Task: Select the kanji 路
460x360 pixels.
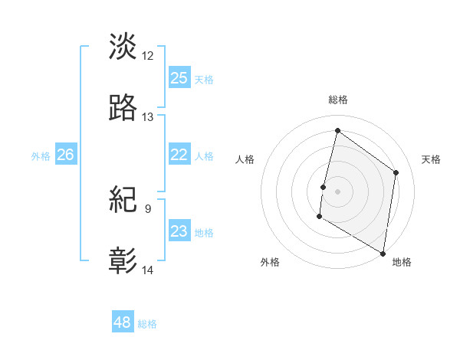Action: click(x=123, y=108)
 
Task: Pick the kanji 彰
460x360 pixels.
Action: click(x=123, y=261)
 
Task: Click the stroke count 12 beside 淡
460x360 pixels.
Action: click(x=148, y=55)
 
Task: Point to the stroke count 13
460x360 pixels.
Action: click(x=148, y=117)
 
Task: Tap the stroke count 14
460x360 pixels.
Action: click(x=148, y=270)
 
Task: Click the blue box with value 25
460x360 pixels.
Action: click(x=179, y=77)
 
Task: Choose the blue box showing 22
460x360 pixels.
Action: click(x=179, y=155)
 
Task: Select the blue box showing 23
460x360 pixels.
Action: click(x=179, y=231)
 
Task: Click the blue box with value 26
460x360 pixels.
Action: click(x=66, y=155)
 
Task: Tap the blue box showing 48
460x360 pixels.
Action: click(x=123, y=322)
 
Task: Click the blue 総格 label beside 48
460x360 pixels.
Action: click(x=147, y=324)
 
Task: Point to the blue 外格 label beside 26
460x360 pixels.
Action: click(x=41, y=156)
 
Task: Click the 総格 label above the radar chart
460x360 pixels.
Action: click(x=338, y=100)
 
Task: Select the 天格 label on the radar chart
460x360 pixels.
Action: click(x=431, y=159)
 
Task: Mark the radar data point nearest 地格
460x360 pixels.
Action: click(x=383, y=253)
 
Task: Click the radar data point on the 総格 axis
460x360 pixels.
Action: click(x=337, y=130)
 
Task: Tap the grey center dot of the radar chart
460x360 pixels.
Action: click(x=337, y=191)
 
